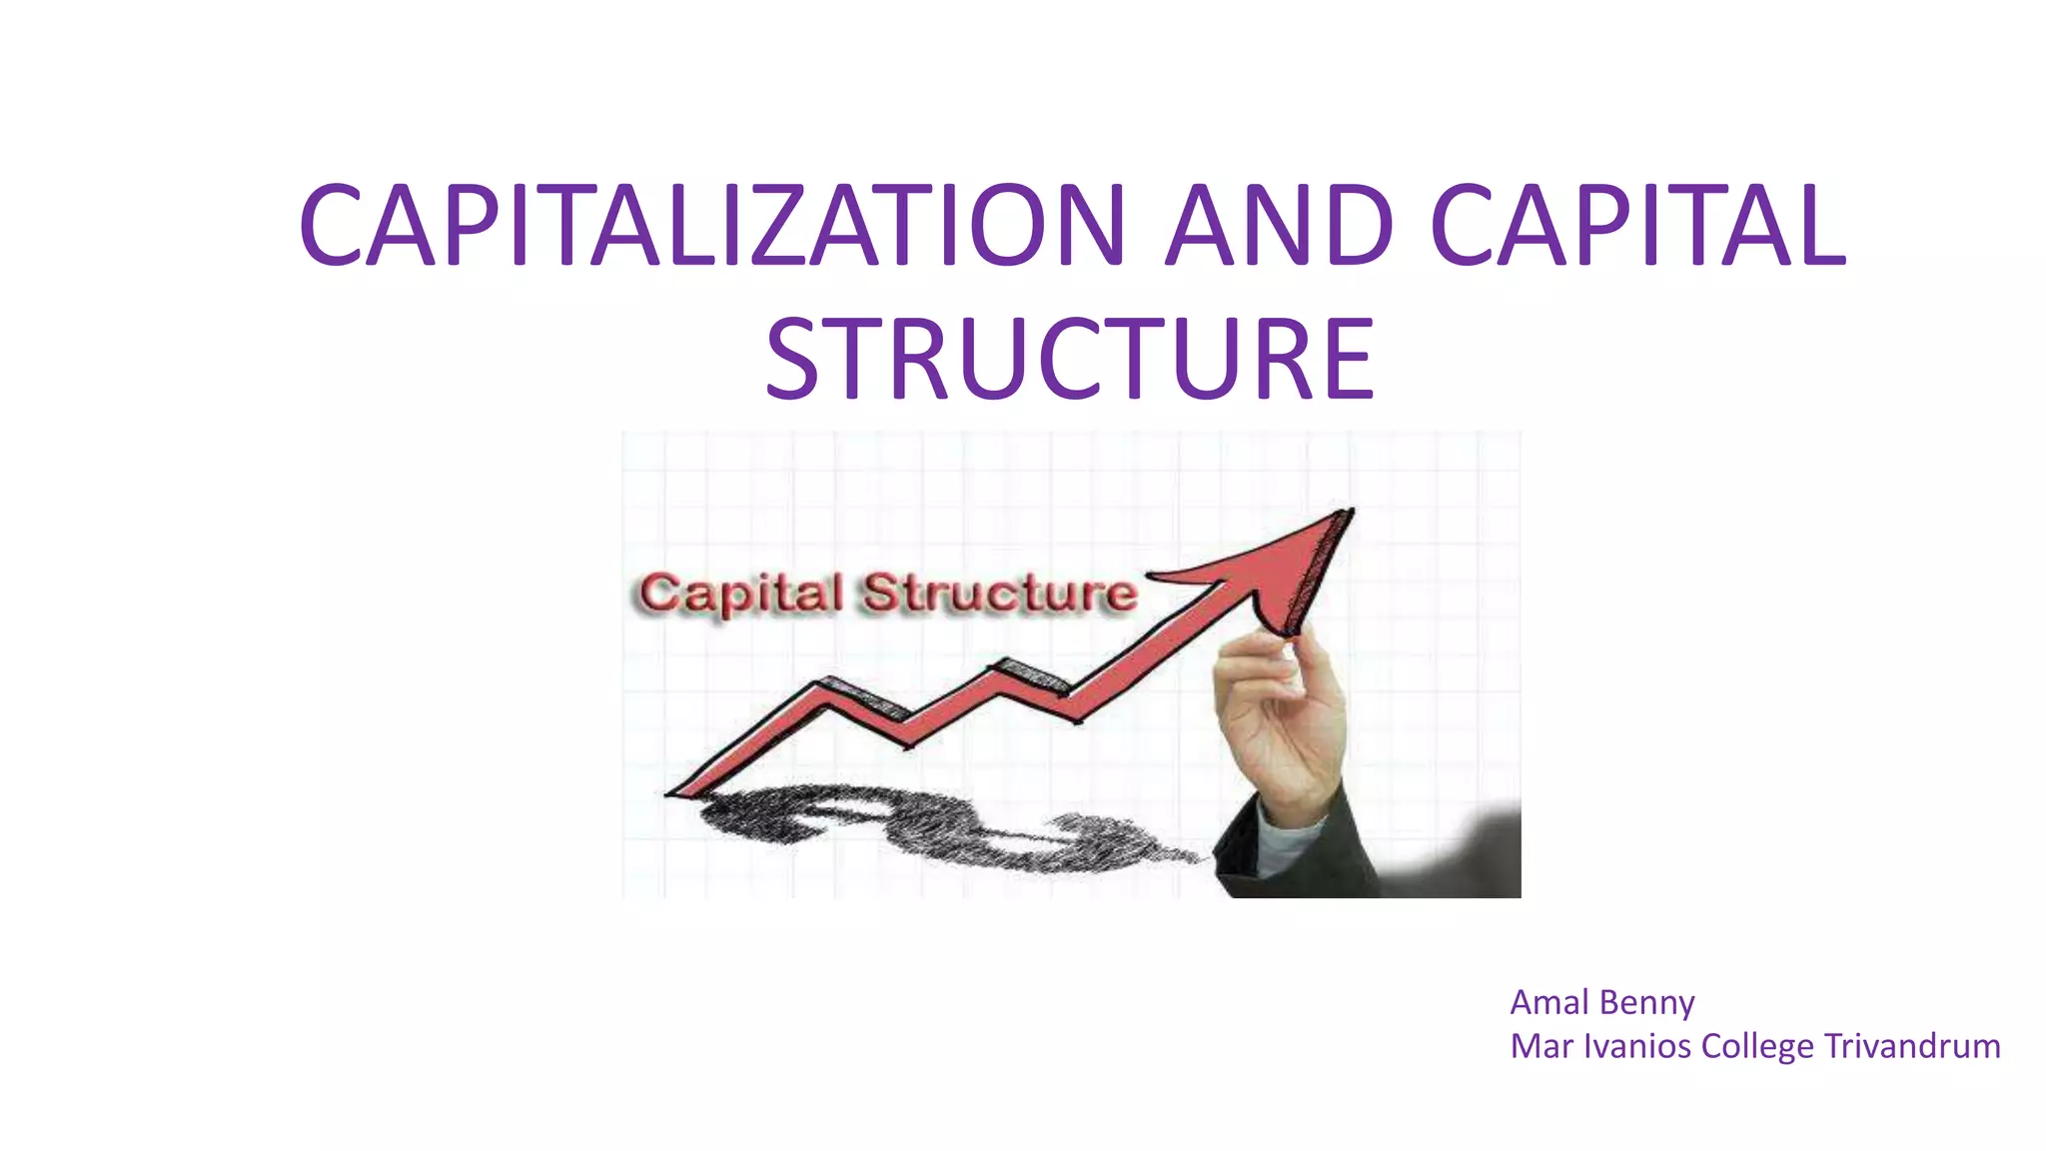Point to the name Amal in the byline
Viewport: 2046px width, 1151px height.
[1548, 1002]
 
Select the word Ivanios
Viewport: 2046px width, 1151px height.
[1637, 1046]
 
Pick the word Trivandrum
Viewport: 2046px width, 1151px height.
[1912, 1046]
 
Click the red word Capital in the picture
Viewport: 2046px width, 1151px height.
[741, 593]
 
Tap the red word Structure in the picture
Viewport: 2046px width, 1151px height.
[999, 593]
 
